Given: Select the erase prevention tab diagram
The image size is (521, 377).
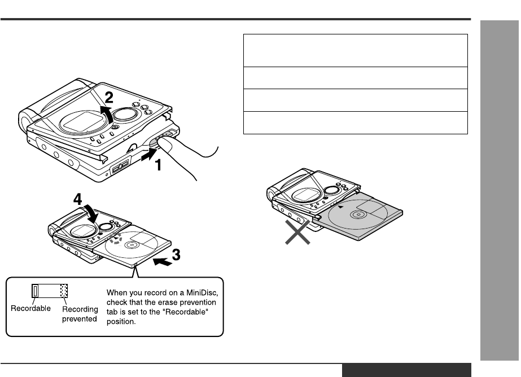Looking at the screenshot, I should click(48, 291).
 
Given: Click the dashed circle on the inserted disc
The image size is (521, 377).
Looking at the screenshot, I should click(116, 240).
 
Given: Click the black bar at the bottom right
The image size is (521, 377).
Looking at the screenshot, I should click(406, 370).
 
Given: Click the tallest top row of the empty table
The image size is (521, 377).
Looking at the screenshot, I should click(355, 50).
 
